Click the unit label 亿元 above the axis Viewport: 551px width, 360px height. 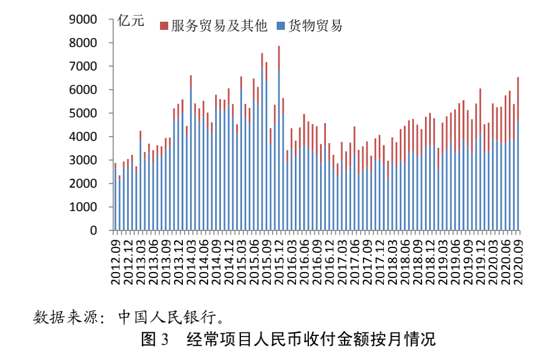[130, 22]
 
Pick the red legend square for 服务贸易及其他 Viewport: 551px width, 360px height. [164, 26]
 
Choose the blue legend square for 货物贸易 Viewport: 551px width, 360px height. [281, 26]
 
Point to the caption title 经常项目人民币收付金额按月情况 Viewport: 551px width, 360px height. [311, 339]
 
